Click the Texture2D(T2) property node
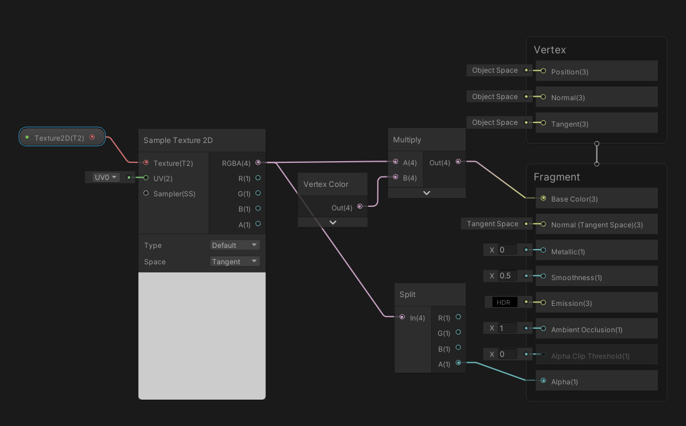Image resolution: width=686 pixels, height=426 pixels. pyautogui.click(x=62, y=138)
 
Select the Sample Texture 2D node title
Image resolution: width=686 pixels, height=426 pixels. pyautogui.click(x=178, y=140)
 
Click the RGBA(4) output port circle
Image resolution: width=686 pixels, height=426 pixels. pyautogui.click(x=258, y=162)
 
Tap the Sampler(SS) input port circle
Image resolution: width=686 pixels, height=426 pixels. pyautogui.click(x=146, y=193)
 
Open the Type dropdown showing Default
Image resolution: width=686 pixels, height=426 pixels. pyautogui.click(x=235, y=245)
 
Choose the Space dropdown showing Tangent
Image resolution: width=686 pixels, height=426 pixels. pyautogui.click(x=235, y=261)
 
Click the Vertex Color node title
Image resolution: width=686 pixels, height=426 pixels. pyautogui.click(x=326, y=185)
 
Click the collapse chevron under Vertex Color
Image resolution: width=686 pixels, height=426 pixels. pyautogui.click(x=333, y=223)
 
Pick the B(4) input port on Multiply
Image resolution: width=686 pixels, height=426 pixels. pyautogui.click(x=395, y=177)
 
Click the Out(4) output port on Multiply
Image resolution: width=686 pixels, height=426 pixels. pyautogui.click(x=458, y=162)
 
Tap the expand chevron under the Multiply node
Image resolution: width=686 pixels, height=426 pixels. pyautogui.click(x=426, y=193)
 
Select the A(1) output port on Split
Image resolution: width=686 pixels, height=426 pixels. pyautogui.click(x=458, y=363)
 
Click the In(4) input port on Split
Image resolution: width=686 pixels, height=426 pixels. pyautogui.click(x=402, y=317)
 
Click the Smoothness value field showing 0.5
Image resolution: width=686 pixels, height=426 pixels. pyautogui.click(x=507, y=276)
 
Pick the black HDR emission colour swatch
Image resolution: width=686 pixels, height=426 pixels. pyautogui.click(x=504, y=302)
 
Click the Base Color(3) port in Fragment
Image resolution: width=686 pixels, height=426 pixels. pyautogui.click(x=544, y=198)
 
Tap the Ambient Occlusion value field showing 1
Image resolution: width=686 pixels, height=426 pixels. pyautogui.click(x=507, y=328)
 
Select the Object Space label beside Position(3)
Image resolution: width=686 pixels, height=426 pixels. pyautogui.click(x=495, y=70)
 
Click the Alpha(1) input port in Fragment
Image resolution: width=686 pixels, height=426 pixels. pyautogui.click(x=544, y=380)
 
